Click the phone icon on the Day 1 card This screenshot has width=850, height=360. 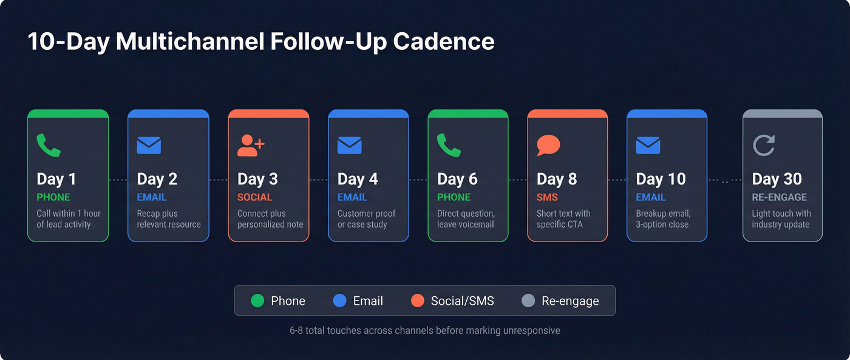coord(49,146)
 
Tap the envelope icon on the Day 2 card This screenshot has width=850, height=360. coord(149,146)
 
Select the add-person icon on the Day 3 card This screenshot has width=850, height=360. coord(251,146)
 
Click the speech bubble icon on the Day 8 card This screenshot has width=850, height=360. coord(548,146)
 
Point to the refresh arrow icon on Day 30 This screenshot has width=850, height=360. coord(764,146)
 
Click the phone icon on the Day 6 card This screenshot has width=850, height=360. coord(449,146)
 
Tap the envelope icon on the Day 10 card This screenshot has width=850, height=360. coord(648,146)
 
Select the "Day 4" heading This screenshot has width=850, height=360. coord(358,179)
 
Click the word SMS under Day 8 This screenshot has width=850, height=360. coord(547,197)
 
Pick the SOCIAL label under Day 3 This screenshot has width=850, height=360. coord(255,197)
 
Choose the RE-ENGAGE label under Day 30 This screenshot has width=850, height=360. coord(780,197)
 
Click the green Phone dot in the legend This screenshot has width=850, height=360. coord(257,301)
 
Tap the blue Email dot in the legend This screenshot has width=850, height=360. coord(340,301)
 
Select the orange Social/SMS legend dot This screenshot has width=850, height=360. coord(417,301)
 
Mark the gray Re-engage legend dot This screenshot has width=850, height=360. coord(528,301)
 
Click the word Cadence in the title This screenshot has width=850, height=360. coord(443,42)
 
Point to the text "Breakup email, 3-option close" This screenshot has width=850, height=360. coord(663,219)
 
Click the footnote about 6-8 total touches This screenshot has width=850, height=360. coord(425,331)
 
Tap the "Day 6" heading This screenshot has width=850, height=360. coord(457,179)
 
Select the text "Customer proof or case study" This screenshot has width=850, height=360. coord(366,219)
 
